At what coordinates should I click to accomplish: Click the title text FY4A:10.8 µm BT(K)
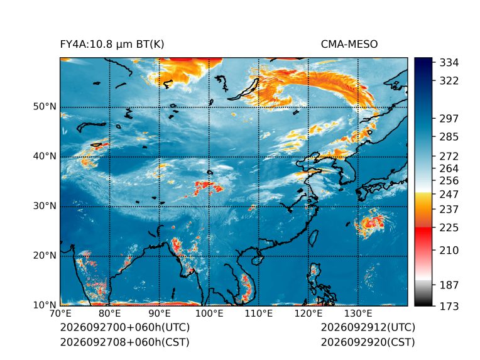pos(112,45)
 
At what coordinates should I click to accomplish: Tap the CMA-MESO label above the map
pos(349,45)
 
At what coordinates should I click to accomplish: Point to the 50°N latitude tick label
pos(45,107)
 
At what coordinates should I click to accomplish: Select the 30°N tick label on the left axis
pos(45,205)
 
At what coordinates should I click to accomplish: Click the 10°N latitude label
pos(45,305)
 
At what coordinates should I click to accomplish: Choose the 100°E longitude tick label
pos(209,314)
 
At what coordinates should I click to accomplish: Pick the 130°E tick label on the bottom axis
pos(358,314)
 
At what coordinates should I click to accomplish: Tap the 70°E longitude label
pos(60,314)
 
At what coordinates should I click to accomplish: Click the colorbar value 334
pos(449,63)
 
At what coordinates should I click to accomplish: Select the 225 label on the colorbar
pos(449,228)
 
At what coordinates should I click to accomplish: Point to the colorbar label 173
pos(449,306)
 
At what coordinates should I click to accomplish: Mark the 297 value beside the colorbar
pos(449,119)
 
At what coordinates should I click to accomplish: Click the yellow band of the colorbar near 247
pos(423,197)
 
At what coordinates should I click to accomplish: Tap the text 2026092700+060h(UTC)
pos(125,327)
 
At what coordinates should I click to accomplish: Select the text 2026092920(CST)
pos(368,342)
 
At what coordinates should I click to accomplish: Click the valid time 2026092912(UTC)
pos(368,327)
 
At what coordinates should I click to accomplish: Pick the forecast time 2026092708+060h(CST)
pos(125,342)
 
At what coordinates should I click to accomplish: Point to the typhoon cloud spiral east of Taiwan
pos(371,224)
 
